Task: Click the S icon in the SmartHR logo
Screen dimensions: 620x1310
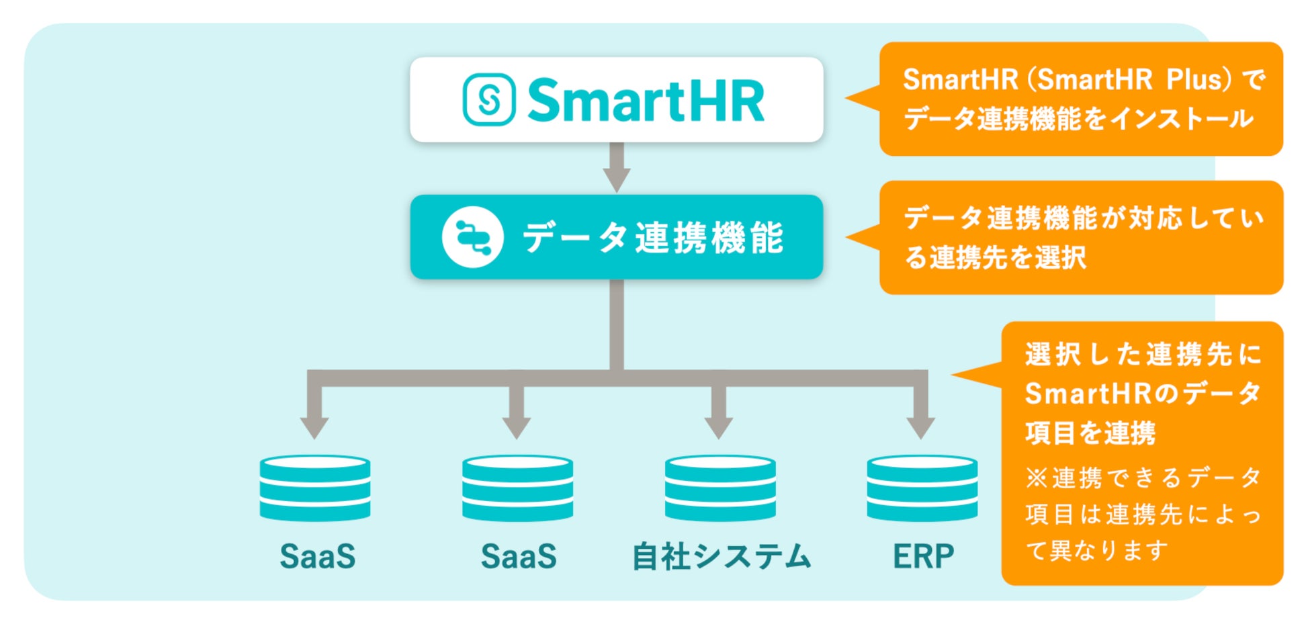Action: [489, 99]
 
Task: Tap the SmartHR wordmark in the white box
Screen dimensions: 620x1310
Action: [646, 101]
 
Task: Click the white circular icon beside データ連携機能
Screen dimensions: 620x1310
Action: [472, 237]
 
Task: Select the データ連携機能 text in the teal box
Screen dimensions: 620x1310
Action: [653, 238]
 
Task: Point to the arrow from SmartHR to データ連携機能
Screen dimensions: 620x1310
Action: [617, 169]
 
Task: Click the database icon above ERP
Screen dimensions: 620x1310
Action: [922, 488]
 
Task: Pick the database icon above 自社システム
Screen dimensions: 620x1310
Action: [719, 488]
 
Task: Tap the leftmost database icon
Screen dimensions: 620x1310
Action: [315, 488]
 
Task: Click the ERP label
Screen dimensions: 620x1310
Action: [923, 556]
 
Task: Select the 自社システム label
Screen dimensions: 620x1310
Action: [722, 557]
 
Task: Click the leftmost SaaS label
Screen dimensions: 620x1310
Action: [317, 556]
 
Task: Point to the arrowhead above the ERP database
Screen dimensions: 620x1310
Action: [920, 427]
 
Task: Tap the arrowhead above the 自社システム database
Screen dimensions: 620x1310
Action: [718, 427]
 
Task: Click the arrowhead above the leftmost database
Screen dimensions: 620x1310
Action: [314, 427]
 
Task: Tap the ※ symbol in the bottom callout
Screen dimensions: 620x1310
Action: [1036, 478]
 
